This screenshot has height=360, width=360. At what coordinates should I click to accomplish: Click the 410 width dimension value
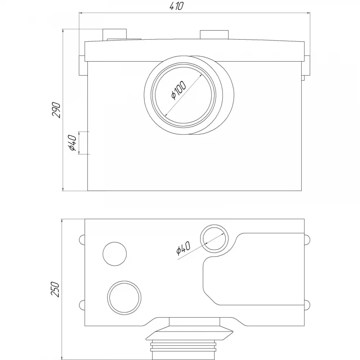(177, 6)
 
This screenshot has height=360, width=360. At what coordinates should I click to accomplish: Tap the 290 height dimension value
(57, 110)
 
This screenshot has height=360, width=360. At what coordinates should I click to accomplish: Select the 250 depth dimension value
(55, 289)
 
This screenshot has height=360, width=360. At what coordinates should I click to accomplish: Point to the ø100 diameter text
(179, 90)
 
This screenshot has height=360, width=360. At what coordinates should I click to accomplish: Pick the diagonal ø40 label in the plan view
(183, 248)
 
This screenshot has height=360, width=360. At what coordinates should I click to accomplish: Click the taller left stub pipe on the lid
(114, 34)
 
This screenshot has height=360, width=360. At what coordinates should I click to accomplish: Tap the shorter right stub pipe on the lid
(214, 35)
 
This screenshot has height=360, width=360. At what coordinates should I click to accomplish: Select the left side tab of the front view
(82, 66)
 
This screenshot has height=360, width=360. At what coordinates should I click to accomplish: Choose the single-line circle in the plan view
(115, 254)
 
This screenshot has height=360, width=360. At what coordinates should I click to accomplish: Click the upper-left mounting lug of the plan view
(82, 240)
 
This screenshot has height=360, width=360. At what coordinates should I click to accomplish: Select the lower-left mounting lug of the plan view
(82, 305)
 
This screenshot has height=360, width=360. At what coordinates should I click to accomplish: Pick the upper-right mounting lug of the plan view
(307, 239)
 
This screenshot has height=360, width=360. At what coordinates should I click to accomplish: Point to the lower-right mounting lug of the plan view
(307, 305)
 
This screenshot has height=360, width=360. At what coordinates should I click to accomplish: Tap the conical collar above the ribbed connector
(189, 333)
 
